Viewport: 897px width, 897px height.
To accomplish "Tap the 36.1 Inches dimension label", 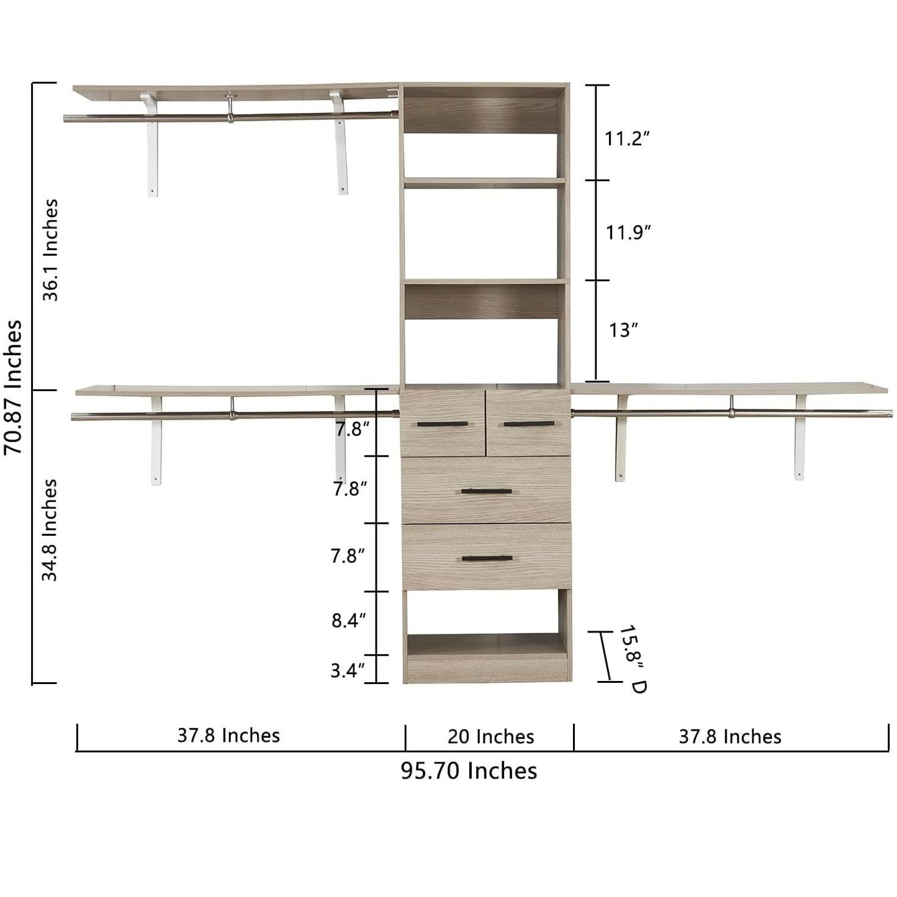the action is (x=50, y=250).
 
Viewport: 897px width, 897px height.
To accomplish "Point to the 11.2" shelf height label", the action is (x=626, y=138).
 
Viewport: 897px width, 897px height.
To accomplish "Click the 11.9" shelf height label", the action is (x=628, y=232).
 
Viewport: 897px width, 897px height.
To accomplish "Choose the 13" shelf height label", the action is (x=623, y=330).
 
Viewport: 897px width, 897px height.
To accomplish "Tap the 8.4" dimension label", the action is (x=349, y=621).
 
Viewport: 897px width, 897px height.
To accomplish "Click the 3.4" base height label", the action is (x=348, y=671).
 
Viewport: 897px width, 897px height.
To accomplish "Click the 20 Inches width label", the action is (x=490, y=737).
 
